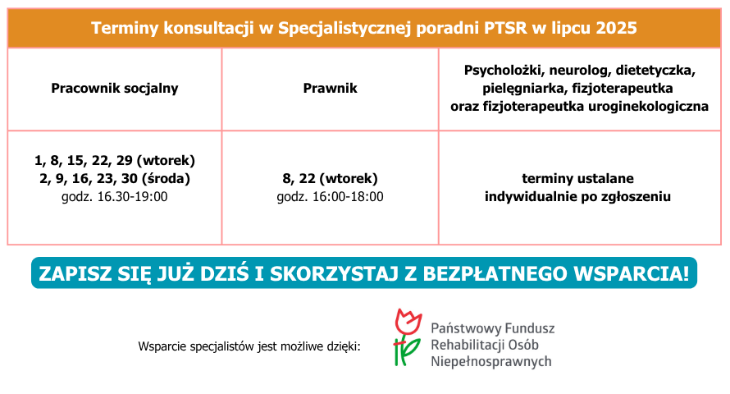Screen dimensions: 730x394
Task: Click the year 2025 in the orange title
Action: tap(616, 29)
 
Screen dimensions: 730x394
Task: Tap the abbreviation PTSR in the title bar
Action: tap(505, 29)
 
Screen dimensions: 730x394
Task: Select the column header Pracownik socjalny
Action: tap(115, 89)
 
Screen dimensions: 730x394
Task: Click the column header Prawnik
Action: tap(330, 89)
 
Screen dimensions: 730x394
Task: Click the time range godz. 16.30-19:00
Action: tap(115, 196)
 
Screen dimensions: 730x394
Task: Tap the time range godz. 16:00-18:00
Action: tap(330, 196)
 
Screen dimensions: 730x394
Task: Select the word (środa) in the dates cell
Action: tap(166, 179)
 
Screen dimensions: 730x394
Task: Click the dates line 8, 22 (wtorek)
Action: tap(330, 179)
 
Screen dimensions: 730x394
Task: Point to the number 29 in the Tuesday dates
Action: tap(125, 161)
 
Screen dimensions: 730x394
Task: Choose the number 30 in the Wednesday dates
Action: tap(129, 179)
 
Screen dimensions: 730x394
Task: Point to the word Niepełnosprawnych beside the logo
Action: tap(491, 361)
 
